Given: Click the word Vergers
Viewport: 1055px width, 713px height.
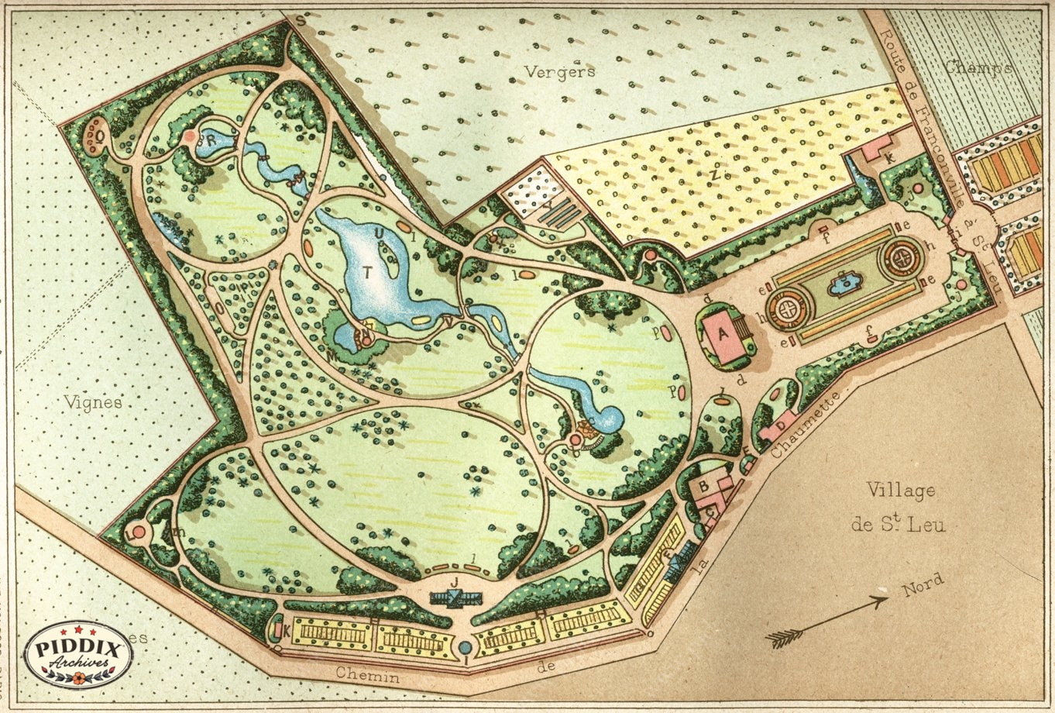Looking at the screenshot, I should click(559, 71).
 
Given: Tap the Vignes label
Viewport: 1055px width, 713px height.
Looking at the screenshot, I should click(93, 402).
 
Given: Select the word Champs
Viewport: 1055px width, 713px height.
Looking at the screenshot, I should click(978, 67).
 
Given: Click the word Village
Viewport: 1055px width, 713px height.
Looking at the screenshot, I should click(900, 491).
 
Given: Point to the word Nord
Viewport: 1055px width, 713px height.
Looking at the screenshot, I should click(923, 584).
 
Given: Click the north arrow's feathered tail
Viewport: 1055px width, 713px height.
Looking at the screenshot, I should click(785, 637).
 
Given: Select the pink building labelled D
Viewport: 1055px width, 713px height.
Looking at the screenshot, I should click(780, 425).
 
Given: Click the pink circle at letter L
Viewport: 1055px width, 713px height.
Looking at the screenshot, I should click(139, 532).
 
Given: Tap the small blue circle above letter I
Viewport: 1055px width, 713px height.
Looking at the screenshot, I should click(465, 647).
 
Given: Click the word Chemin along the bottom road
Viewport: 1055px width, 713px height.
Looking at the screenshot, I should click(367, 676).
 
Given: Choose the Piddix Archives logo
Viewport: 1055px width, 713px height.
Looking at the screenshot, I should click(78, 654).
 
